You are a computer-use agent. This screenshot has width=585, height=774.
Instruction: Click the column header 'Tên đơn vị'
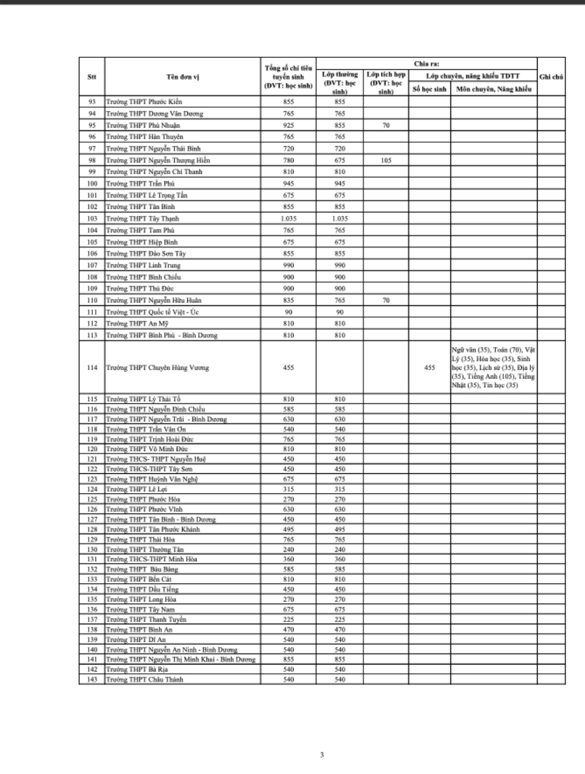(183, 77)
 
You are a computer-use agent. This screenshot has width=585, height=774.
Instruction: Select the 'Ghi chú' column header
(551, 77)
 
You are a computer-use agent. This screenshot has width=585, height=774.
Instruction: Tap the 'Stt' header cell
(92, 77)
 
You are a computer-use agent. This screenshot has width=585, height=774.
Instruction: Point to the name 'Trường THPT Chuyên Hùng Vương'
(157, 368)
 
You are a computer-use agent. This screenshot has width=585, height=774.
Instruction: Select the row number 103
(92, 219)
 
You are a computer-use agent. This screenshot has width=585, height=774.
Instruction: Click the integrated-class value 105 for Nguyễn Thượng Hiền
(386, 160)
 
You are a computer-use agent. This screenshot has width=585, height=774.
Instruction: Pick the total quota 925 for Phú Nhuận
(288, 125)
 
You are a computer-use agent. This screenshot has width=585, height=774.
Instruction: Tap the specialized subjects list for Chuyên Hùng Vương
(493, 367)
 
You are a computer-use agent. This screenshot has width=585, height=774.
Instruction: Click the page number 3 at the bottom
(322, 755)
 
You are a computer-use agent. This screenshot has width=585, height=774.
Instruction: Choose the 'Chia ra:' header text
(426, 64)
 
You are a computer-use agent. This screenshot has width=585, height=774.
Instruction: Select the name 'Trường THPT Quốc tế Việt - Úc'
(152, 312)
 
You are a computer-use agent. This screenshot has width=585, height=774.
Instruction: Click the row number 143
(92, 680)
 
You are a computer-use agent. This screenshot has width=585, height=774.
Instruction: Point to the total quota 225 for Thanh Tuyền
(288, 620)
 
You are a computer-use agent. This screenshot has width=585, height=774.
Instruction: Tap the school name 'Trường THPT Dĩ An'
(136, 639)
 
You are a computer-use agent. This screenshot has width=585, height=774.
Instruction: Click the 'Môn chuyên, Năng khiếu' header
(494, 89)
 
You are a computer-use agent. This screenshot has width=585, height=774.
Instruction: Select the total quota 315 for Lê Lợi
(288, 489)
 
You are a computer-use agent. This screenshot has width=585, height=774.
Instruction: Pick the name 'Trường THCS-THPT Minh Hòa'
(152, 559)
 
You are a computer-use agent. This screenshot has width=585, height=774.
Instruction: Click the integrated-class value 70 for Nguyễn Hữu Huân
(386, 300)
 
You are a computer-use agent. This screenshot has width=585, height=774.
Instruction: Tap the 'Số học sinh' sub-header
(429, 89)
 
